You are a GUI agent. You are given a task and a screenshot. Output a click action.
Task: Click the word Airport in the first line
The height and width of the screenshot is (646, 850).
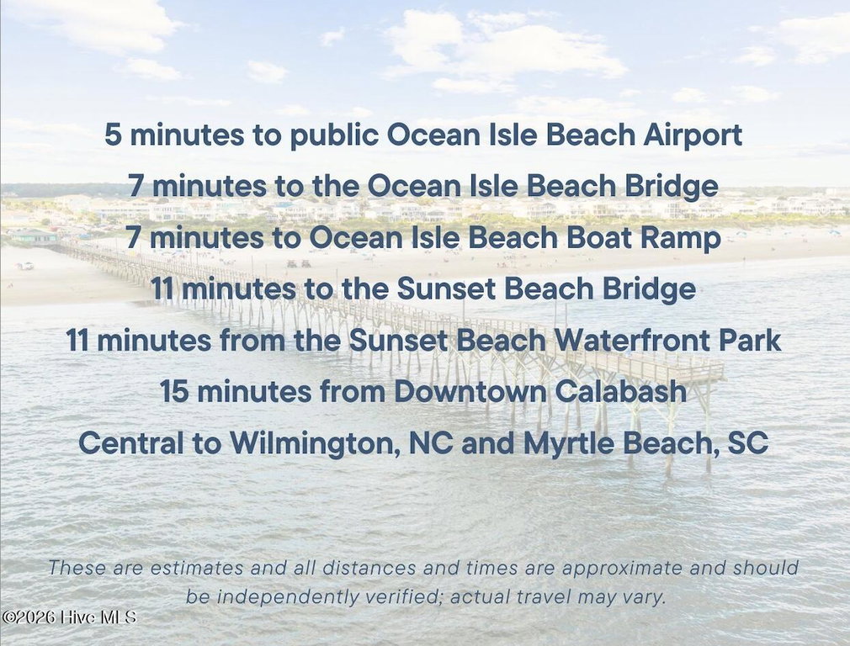point(693,135)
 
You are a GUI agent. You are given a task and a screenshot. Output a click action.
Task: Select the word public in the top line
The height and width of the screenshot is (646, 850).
point(334,135)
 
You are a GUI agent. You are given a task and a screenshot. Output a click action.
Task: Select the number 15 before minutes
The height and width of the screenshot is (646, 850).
point(173,391)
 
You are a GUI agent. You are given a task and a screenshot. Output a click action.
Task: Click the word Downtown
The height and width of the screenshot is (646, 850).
point(470,391)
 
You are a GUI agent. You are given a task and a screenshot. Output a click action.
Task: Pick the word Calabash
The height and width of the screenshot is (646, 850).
point(621,391)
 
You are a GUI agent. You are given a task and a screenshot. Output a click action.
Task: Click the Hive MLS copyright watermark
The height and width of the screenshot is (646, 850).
point(69,617)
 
